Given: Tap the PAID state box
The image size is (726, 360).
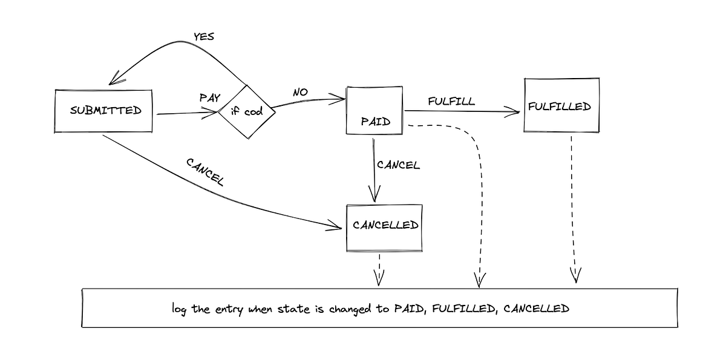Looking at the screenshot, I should (374, 111).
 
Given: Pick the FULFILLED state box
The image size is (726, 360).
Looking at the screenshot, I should (561, 105).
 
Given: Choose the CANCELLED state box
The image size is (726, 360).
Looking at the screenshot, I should (384, 227).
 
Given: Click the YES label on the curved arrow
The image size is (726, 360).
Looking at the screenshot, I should (204, 37).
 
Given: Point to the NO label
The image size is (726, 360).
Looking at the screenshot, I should (300, 92).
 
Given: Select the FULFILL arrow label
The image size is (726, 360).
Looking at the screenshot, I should (451, 101).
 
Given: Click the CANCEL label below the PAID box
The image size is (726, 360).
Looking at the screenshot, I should (397, 165).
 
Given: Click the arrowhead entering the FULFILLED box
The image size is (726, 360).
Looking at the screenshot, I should (515, 112).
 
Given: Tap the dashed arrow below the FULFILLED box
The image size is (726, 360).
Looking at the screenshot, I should (573, 206).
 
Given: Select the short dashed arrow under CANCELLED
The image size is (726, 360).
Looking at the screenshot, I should (379, 269).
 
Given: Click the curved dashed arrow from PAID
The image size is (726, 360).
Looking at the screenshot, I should (478, 182).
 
